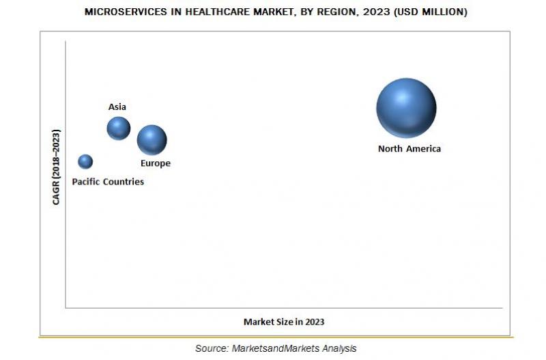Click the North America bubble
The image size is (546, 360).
coord(406,108)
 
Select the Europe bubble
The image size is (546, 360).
coord(152,140)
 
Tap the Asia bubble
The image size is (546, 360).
coord(118,128)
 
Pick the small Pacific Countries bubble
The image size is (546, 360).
coord(85,161)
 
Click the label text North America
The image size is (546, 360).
coord(409,149)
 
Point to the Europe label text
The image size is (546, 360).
coord(156,164)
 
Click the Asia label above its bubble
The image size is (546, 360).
coord(117,107)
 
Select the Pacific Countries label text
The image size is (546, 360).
coord(108,182)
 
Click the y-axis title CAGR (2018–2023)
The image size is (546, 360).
coord(57,167)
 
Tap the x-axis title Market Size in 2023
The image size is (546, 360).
coord(285,322)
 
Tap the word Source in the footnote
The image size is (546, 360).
coord(210,348)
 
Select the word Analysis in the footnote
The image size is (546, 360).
coord(339,348)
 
